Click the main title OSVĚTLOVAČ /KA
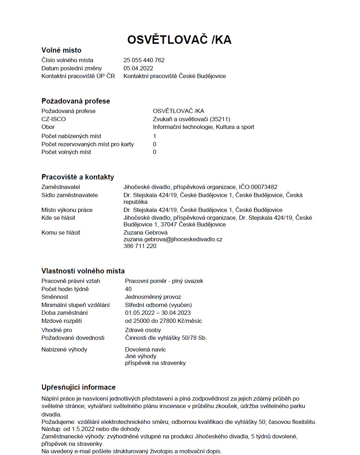click(x=179, y=40)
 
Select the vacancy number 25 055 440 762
click(x=144, y=60)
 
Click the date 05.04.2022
click(x=138, y=68)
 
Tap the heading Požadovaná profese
click(x=76, y=101)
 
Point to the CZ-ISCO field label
click(x=53, y=119)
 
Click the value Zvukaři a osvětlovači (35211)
click(x=191, y=119)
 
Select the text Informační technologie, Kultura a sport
click(x=203, y=127)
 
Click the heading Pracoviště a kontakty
click(x=78, y=177)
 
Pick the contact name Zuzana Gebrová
click(x=145, y=232)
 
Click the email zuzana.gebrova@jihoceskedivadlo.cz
click(x=173, y=239)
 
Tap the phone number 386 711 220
click(x=140, y=246)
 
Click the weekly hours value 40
click(x=128, y=289)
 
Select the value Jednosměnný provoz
click(x=153, y=297)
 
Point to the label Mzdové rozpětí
click(x=61, y=321)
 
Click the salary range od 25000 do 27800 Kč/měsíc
click(x=163, y=321)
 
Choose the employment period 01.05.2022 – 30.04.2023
click(x=158, y=313)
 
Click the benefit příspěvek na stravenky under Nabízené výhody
click(x=155, y=363)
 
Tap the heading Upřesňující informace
click(x=78, y=387)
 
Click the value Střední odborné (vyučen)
click(x=158, y=305)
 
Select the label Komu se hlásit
click(x=61, y=232)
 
